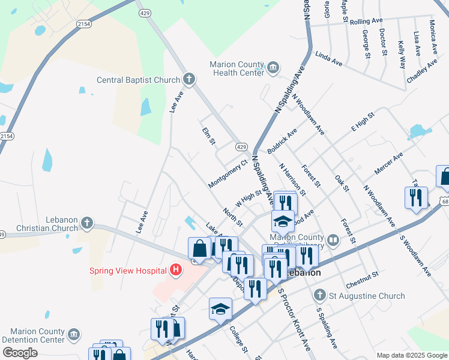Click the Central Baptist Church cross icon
click(x=189, y=79)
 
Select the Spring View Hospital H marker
click(x=175, y=270)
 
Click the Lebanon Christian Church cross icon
click(x=87, y=223)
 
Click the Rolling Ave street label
click(x=366, y=21)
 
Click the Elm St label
click(x=208, y=136)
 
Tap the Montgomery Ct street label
click(x=228, y=173)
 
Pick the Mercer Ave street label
click(x=388, y=164)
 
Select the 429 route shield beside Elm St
click(x=241, y=147)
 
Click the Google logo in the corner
click(x=20, y=352)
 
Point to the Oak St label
click(x=342, y=184)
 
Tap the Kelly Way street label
click(x=402, y=54)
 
